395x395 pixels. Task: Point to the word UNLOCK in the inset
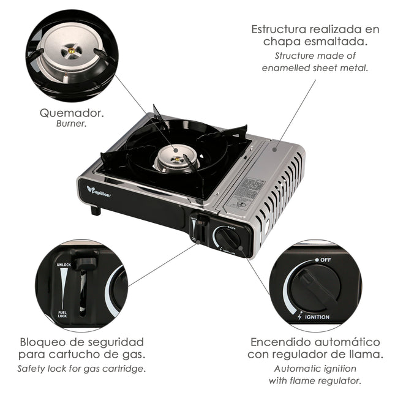[64, 265]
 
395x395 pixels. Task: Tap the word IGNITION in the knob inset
[317, 317]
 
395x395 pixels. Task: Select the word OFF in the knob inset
[326, 260]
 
